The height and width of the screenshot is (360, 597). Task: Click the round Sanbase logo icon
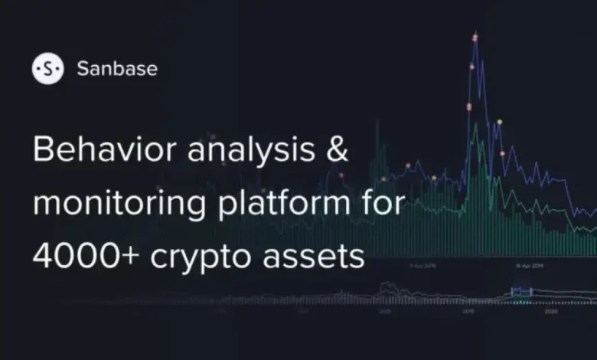pyautogui.click(x=47, y=69)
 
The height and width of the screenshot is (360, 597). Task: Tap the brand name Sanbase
pyautogui.click(x=117, y=69)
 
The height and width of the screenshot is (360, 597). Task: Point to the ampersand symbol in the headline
pyautogui.click(x=336, y=150)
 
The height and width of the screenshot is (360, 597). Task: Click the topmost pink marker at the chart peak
pyautogui.click(x=475, y=37)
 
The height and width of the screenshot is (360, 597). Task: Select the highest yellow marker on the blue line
pyautogui.click(x=500, y=122)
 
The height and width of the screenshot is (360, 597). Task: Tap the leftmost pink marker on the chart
pyautogui.click(x=408, y=165)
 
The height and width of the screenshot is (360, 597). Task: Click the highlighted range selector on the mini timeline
pyautogui.click(x=520, y=291)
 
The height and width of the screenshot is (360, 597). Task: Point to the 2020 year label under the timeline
pyautogui.click(x=550, y=313)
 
